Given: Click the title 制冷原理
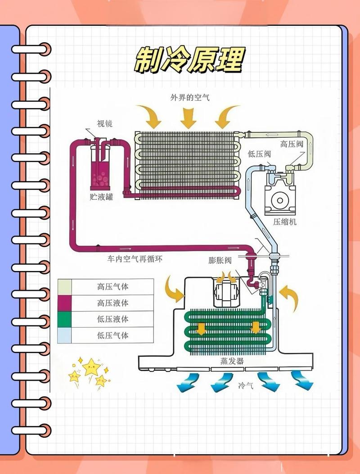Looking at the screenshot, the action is point(189,60).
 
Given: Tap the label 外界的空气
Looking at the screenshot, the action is point(190,97).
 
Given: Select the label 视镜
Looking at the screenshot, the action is point(104,123).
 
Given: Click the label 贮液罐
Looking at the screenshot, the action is point(102,197).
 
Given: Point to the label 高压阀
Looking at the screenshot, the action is point(292,144).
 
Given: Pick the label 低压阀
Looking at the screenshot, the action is point(259,154).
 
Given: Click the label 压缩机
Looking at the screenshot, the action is point(285,221).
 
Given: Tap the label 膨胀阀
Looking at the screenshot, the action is point(220,260).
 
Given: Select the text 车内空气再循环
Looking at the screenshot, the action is point(135,259).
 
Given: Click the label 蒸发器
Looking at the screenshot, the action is point(232,361).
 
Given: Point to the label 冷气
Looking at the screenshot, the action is point(246,385).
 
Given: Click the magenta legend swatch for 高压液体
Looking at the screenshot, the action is point(64,303).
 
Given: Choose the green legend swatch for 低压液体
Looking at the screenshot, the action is point(64,319).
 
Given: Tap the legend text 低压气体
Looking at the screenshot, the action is point(113,335).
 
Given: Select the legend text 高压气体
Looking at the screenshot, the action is point(113,286).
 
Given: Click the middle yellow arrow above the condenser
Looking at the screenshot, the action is point(188,118).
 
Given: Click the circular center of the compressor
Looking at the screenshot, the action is point(280,200).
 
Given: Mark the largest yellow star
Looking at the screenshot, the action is point(91,367).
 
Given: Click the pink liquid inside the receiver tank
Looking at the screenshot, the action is point(100,178).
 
